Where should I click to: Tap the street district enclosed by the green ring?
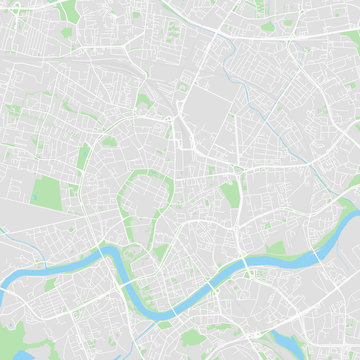(142, 200)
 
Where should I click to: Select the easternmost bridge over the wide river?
(318, 254)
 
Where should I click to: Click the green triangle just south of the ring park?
(160, 250)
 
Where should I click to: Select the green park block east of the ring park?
(230, 195)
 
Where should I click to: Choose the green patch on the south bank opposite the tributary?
(50, 285)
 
